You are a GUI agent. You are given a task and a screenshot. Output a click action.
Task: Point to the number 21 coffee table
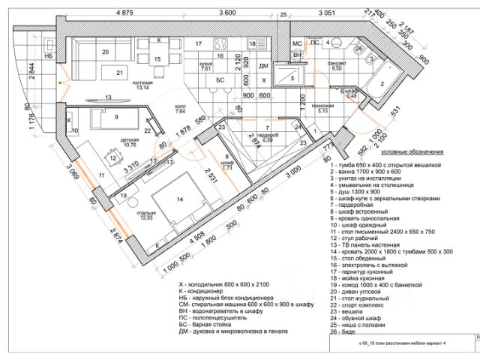click(x=120, y=72)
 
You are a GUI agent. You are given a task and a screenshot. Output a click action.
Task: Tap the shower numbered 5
click(x=293, y=76)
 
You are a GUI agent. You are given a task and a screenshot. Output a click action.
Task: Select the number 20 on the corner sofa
click(x=106, y=52)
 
